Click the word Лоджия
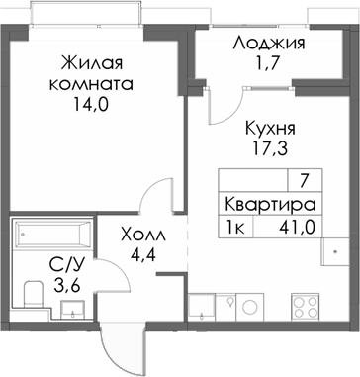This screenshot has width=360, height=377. pyautogui.click(x=268, y=45)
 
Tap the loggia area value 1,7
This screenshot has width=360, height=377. pyautogui.click(x=268, y=68)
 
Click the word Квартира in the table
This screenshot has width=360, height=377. pyautogui.click(x=270, y=206)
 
